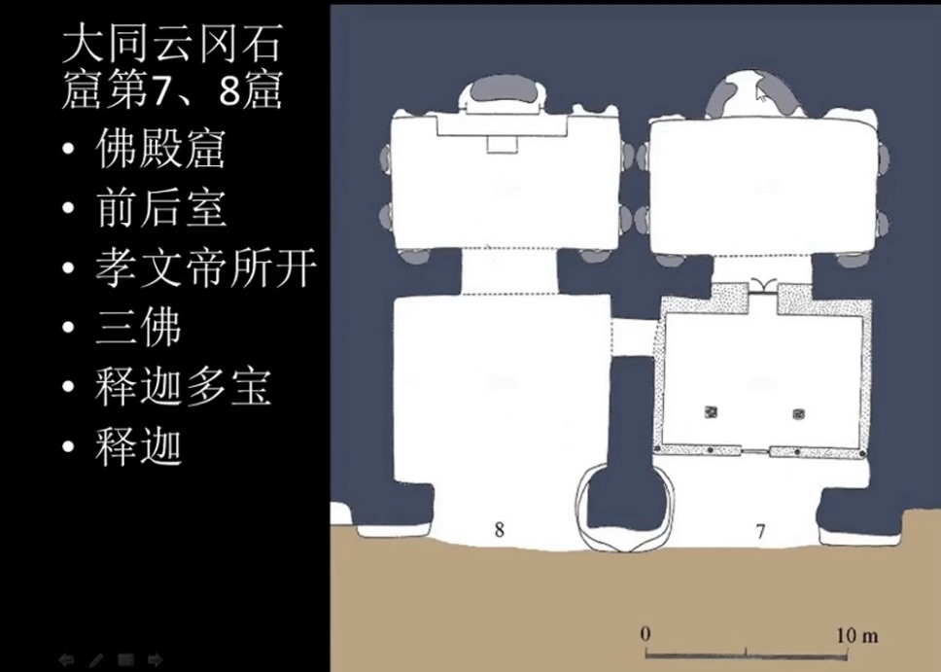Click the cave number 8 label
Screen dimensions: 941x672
tap(500, 529)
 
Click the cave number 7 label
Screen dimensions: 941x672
tap(760, 531)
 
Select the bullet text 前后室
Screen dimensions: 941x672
tap(160, 208)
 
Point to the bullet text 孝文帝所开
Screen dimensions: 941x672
tap(205, 267)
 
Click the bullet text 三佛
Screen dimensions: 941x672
tap(138, 327)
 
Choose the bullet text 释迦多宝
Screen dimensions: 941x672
tap(183, 386)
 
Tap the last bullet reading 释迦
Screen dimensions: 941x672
tap(138, 445)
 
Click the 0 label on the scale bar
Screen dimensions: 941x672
tap(645, 634)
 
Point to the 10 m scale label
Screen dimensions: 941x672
tap(857, 635)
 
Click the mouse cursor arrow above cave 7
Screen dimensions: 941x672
tap(761, 93)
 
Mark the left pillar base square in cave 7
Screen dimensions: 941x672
tap(711, 412)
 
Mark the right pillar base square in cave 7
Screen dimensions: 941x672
tap(798, 413)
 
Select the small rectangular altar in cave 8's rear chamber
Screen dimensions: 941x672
tap(502, 145)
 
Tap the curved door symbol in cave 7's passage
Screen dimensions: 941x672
tap(763, 284)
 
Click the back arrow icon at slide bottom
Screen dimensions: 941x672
tap(66, 659)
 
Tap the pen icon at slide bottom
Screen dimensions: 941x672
tap(96, 660)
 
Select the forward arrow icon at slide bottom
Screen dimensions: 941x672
tap(155, 659)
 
